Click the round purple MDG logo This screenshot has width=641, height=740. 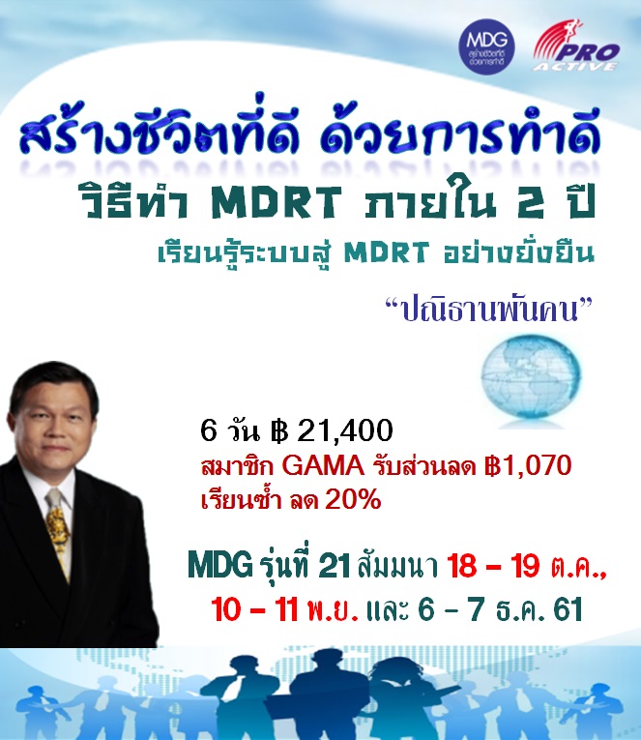click(x=486, y=47)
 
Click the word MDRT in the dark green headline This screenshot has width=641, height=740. click(x=277, y=202)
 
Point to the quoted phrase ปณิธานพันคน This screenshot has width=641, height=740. click(x=488, y=311)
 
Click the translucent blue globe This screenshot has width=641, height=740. click(x=530, y=379)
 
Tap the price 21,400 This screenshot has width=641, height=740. click(x=345, y=430)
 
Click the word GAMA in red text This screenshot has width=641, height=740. click(x=323, y=466)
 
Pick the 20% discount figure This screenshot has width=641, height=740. click(x=352, y=499)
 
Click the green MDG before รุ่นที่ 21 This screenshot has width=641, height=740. click(x=219, y=564)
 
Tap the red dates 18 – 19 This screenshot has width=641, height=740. click(x=493, y=565)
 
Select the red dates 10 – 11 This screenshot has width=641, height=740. click(x=254, y=609)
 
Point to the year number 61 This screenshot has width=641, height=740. click(x=568, y=609)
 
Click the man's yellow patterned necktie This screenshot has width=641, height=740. click(x=58, y=532)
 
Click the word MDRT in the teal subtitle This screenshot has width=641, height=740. click(x=387, y=252)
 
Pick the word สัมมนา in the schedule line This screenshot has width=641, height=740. click(x=397, y=565)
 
